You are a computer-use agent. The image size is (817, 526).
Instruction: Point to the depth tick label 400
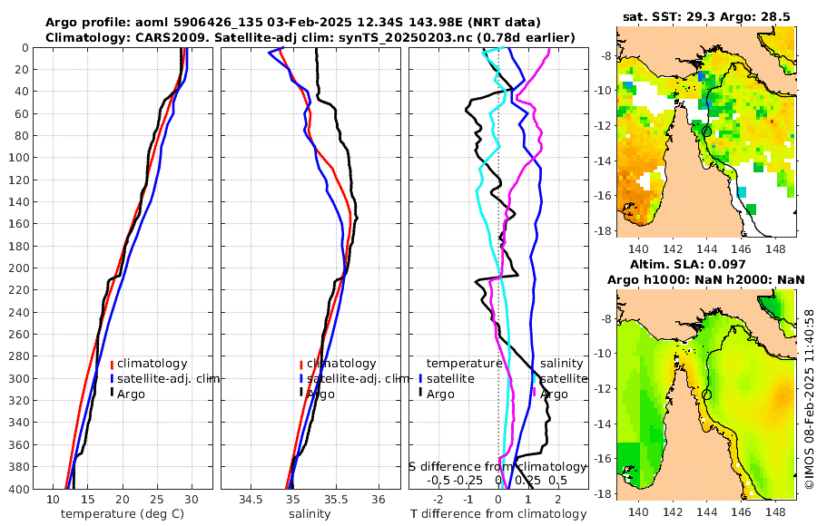point(18,490)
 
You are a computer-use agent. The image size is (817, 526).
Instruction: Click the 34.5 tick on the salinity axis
point(251,500)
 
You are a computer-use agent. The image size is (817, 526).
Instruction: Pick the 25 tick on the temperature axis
point(156,500)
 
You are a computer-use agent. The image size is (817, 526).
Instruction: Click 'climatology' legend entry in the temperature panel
point(152,364)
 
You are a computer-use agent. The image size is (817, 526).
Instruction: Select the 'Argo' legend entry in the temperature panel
point(132,394)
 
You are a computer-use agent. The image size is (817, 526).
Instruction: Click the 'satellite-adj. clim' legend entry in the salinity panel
point(352,379)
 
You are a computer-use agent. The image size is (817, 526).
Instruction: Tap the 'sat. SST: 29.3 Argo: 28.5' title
point(707,16)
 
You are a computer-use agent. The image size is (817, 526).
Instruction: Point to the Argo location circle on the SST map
point(706,131)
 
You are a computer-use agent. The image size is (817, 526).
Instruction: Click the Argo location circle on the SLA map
point(706,394)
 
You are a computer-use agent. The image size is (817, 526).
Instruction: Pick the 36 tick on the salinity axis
point(379,500)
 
